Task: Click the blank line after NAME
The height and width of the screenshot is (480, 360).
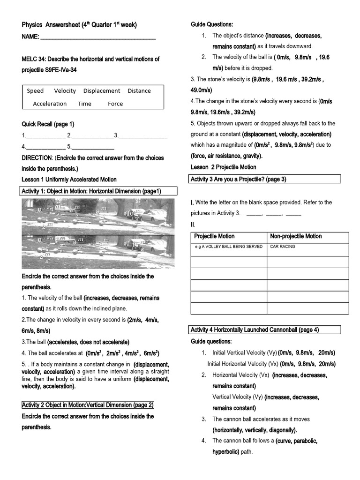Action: [x=98, y=37]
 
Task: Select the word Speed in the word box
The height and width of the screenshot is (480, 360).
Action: [x=35, y=91]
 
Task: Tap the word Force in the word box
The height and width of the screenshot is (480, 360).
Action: [x=115, y=104]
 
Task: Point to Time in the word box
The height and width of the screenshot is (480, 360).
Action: [x=85, y=104]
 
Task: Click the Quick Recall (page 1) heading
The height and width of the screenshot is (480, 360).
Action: [x=48, y=124]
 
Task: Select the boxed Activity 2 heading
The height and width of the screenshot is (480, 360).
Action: [x=88, y=405]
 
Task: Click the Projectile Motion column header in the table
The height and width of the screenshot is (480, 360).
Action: [x=214, y=236]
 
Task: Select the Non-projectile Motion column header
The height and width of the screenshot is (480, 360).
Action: [x=296, y=236]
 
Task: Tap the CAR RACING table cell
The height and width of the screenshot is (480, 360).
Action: [x=283, y=247]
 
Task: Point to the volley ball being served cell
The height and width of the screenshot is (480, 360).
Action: [x=229, y=247]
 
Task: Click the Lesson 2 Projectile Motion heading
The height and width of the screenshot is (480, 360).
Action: [x=224, y=167]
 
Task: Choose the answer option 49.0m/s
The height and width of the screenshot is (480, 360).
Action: [x=201, y=90]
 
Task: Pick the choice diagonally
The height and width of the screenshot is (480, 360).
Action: [x=278, y=430]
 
